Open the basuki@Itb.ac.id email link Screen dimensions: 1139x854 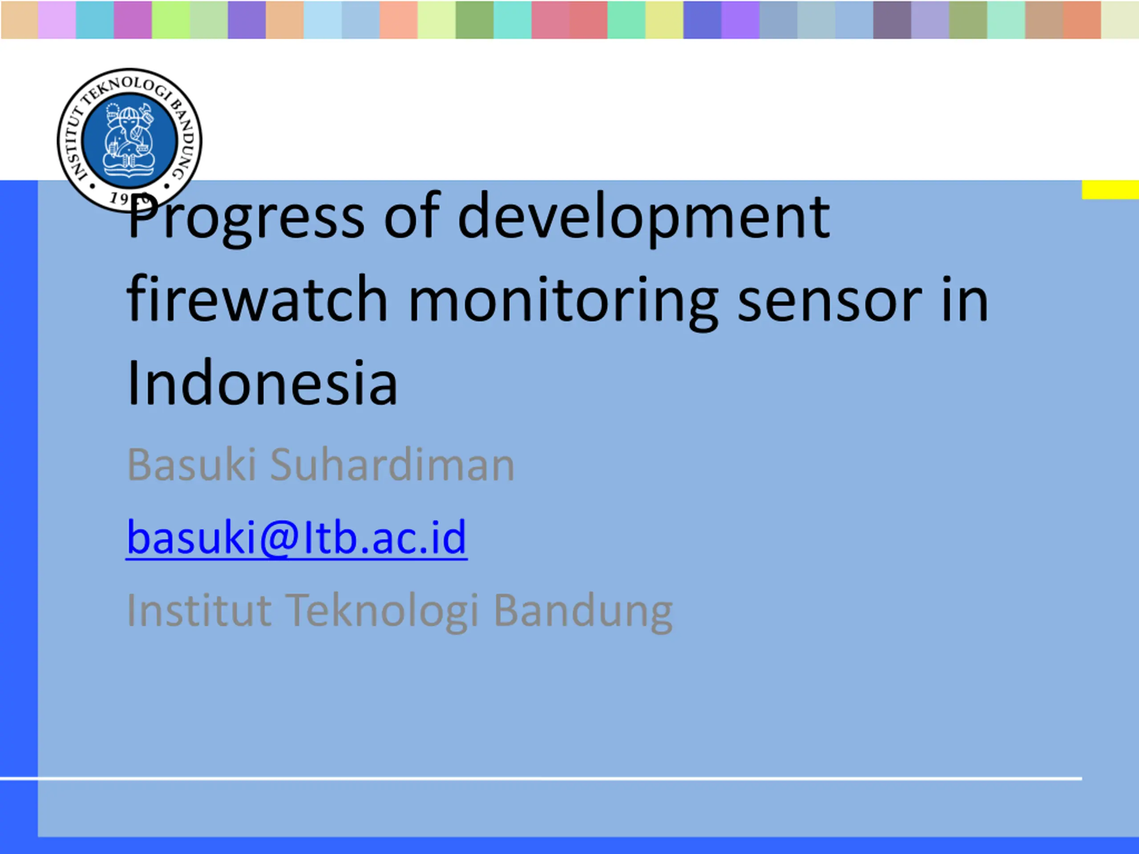(x=297, y=537)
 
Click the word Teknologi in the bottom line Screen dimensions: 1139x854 (x=383, y=611)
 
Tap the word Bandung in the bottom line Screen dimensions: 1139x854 (x=583, y=611)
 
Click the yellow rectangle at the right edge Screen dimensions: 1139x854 (x=1110, y=189)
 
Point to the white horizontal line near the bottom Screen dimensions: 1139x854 (x=541, y=778)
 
